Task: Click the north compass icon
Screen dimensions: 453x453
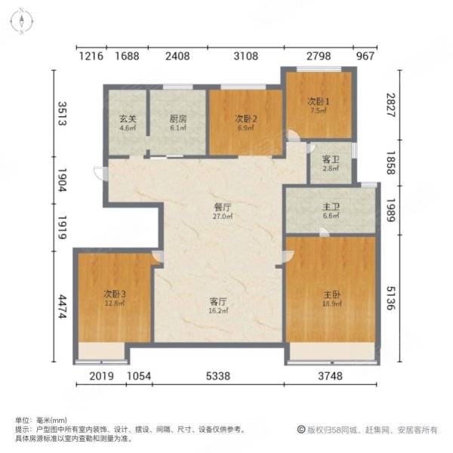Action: [x=23, y=21]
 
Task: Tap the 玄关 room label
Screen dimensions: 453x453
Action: [x=127, y=119]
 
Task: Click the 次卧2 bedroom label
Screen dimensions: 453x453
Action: [x=243, y=119]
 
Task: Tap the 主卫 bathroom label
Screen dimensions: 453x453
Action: [x=331, y=204]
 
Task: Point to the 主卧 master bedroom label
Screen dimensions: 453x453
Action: [x=330, y=294]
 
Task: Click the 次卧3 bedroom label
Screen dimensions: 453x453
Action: [x=114, y=294]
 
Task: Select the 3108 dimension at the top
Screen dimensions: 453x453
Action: [x=245, y=55]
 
